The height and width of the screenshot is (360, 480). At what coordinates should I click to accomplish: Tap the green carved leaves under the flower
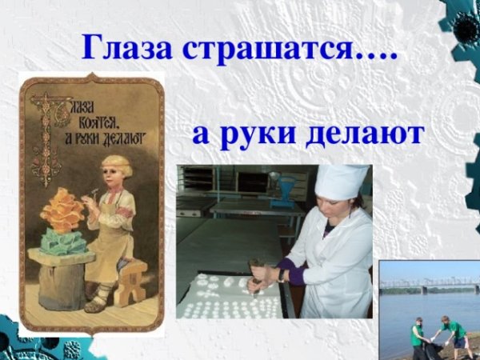[x=66, y=241]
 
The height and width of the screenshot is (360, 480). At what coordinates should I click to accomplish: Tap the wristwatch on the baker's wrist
[x=282, y=274]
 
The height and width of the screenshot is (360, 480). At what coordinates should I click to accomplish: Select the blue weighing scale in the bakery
[x=281, y=192]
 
